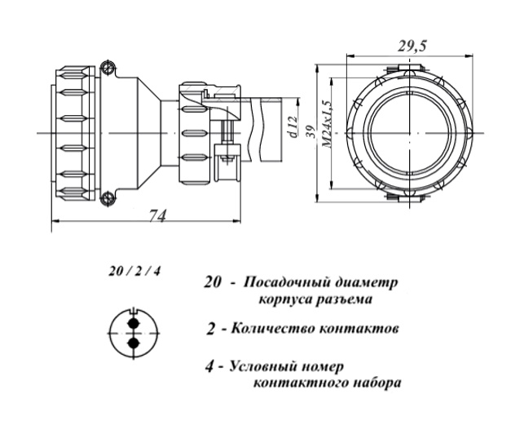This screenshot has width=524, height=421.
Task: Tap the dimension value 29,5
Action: point(411,47)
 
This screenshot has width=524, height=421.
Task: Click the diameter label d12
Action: point(291,129)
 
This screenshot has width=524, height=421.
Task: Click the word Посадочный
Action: point(288,283)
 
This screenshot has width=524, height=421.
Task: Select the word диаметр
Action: point(368,283)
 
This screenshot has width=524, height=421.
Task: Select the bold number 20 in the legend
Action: point(213,283)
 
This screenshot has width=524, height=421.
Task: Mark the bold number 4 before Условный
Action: point(210,366)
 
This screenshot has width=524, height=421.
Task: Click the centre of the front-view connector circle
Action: point(407,131)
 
